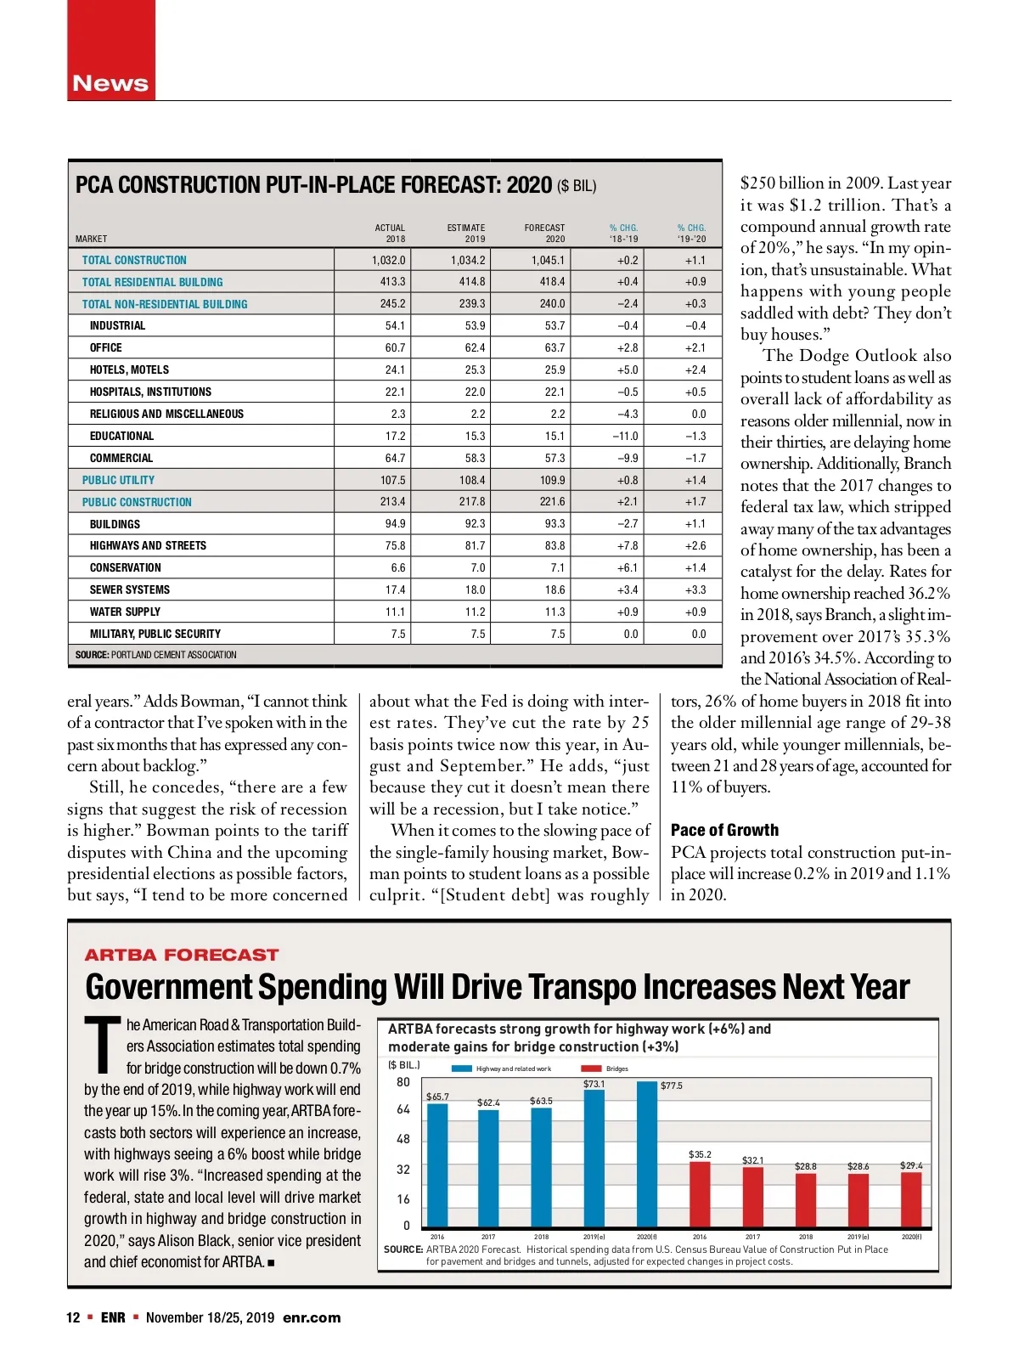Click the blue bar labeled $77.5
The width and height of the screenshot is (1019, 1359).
647,1154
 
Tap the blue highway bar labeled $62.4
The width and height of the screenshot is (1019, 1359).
488,1168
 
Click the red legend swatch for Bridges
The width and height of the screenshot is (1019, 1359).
591,1069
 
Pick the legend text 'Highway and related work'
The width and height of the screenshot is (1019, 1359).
513,1069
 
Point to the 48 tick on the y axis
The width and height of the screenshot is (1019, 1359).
403,1139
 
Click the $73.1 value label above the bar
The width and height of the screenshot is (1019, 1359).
594,1084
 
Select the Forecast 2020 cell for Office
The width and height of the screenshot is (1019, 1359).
554,347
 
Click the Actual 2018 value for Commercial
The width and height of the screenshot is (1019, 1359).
395,458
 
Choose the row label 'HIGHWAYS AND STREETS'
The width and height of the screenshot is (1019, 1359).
148,545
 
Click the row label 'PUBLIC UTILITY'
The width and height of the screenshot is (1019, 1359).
118,480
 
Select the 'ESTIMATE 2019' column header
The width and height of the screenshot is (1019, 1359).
466,233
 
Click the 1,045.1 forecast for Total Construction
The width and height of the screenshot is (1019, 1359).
548,260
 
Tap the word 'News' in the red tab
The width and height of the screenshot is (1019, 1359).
110,83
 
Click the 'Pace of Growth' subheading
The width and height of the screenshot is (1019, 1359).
724,830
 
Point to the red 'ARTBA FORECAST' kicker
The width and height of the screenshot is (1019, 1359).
182,955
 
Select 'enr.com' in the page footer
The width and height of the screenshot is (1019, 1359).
312,1317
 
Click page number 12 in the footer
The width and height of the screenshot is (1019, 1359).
73,1317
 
